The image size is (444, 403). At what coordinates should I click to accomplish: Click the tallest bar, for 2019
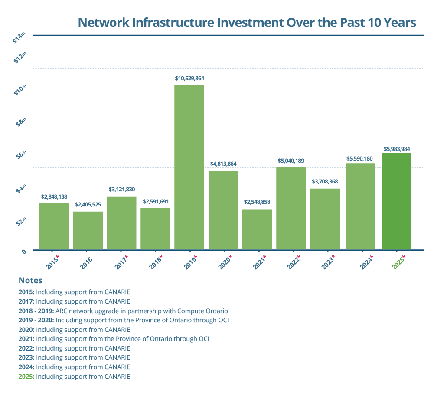189,167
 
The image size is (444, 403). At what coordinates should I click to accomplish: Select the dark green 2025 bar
396,201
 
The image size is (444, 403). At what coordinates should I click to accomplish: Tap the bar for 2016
88,230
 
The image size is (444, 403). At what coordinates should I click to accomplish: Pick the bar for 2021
257,229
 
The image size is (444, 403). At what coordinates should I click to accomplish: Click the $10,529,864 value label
189,79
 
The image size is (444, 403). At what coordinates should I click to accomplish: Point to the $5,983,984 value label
397,149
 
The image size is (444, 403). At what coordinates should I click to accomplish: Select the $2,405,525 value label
88,204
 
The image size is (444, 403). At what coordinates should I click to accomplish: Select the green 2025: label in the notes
26,377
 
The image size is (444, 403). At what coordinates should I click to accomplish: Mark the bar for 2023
325,219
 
